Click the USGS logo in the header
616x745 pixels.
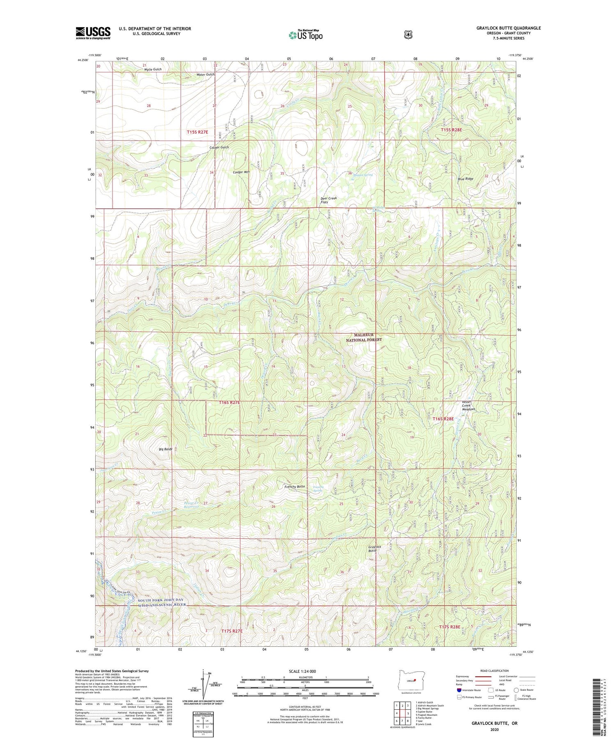93,33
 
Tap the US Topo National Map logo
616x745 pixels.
306,35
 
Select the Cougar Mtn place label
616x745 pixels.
241,172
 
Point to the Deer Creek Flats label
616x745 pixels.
329,200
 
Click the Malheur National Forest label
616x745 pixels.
363,337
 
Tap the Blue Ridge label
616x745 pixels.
466,179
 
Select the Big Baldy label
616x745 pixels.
165,449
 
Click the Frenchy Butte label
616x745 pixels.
294,487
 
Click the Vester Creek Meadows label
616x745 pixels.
468,405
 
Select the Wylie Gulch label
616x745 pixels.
153,69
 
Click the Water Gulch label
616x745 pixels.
205,74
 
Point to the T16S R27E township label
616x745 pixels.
229,403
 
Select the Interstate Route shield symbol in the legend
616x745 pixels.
459,690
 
